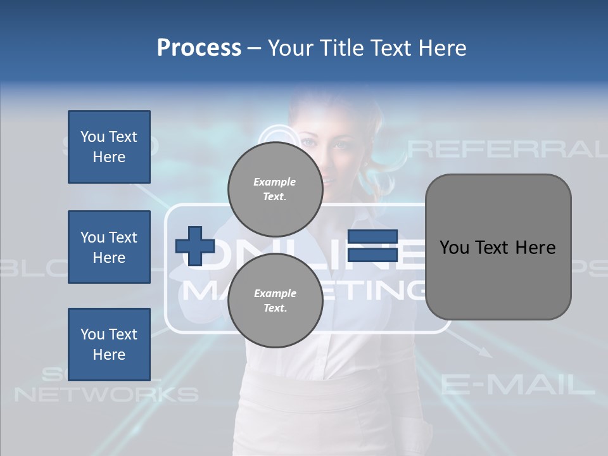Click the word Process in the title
(199, 48)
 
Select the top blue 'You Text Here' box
(109, 147)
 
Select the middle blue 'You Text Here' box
(109, 247)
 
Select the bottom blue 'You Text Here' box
(109, 344)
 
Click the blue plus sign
(194, 246)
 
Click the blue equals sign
(372, 246)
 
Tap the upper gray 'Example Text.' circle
(275, 189)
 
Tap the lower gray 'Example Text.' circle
(275, 300)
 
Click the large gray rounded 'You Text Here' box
(498, 247)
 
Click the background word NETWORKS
(106, 395)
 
